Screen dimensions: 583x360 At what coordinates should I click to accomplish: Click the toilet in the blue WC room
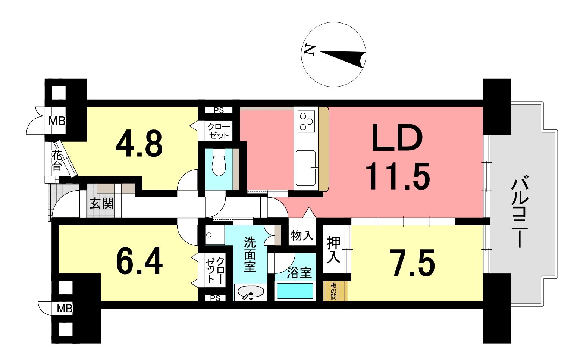coord(219,162)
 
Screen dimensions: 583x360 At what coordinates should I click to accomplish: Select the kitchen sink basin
coord(306,168)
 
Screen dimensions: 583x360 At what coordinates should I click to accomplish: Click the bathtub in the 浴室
coord(295,291)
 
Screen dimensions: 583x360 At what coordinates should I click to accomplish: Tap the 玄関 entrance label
coord(102,203)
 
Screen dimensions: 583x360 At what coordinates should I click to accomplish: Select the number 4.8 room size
coord(139,144)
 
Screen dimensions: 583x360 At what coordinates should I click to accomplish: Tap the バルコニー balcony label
coord(520,212)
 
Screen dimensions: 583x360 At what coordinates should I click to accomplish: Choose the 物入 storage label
coord(302,235)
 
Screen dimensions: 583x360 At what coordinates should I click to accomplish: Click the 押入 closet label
coord(334,249)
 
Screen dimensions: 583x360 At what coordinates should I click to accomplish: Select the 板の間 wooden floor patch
coord(335,291)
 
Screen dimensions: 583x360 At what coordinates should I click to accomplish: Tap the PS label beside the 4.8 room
coord(219,110)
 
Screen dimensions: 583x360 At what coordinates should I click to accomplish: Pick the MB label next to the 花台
coord(57,121)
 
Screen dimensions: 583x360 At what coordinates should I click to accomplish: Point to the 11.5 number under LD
coord(397,176)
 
